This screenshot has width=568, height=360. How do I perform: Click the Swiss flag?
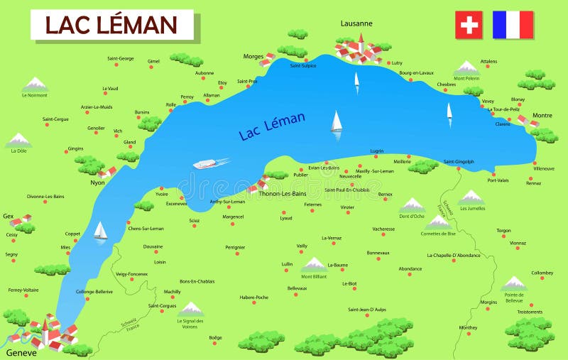pos(469,25)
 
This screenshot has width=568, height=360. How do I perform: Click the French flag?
pos(513,25)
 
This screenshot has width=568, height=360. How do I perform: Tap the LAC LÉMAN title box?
pos(111,25)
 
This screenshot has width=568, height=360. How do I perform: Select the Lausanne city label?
pos(356,23)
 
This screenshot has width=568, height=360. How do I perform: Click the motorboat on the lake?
pos(206,164)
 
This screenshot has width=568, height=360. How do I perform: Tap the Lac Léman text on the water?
pos(272,126)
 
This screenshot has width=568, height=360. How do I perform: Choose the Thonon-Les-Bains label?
pos(282,193)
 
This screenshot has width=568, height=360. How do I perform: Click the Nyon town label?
pos(98,182)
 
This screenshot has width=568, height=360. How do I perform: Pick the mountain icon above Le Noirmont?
pos(34,84)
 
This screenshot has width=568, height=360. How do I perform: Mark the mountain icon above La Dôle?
pos(18,139)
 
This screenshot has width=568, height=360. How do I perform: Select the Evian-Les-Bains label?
pos(324,168)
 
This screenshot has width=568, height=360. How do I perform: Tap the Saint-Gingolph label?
pos(459,161)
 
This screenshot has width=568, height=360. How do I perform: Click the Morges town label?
pos(253,56)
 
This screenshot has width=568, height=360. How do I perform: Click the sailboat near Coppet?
pos(101,231)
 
